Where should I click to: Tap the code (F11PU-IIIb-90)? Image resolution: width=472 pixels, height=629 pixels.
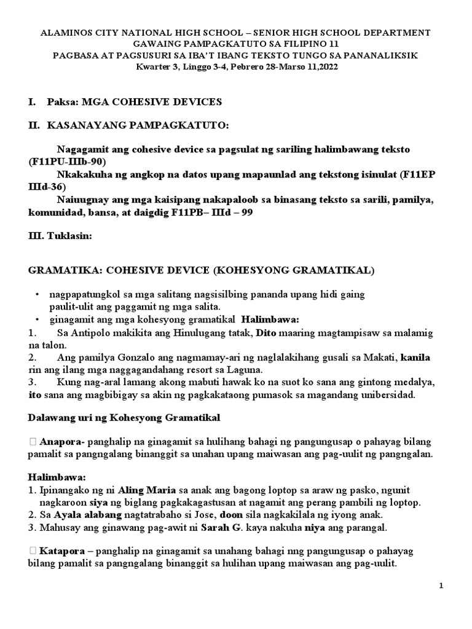click(x=68, y=162)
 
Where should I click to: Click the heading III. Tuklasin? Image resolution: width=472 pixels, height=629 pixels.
click(x=61, y=241)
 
